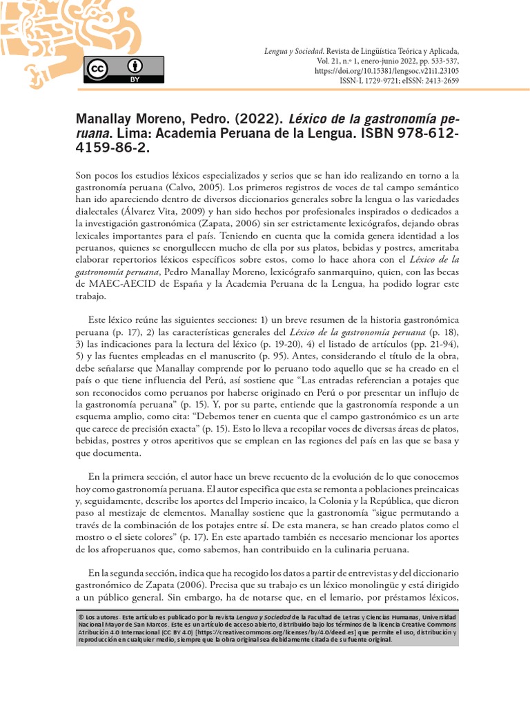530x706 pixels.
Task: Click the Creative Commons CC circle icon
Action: coord(97,69)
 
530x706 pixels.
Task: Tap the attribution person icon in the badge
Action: coord(134,66)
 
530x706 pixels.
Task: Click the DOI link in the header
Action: coord(386,71)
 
